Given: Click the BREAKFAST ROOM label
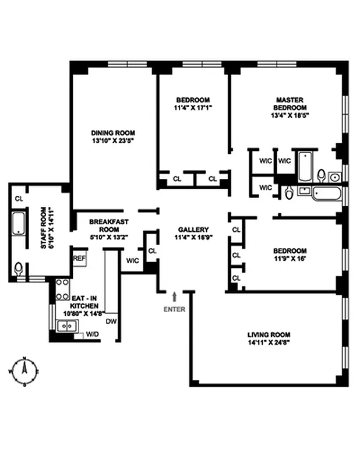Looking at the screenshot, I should (x=108, y=225).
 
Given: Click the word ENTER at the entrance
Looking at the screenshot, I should (x=174, y=309).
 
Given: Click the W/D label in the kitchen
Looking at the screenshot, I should (x=92, y=334).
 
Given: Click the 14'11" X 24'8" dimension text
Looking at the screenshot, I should (x=269, y=343).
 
